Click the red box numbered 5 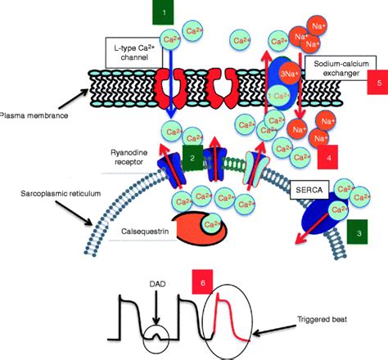(x=375, y=83)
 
